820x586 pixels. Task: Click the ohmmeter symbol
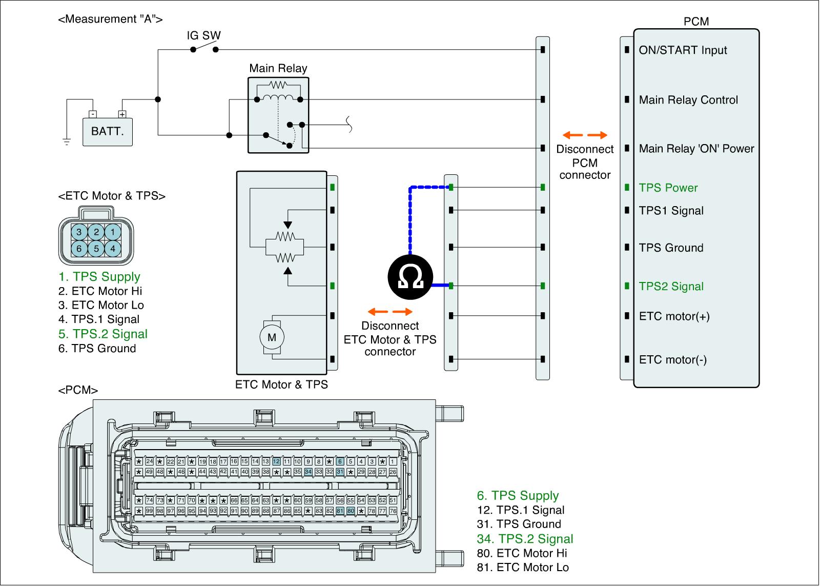[410, 277]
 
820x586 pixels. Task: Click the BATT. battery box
[108, 132]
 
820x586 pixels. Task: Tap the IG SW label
[203, 35]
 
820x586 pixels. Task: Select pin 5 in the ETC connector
[96, 249]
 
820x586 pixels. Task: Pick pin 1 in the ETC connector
[113, 232]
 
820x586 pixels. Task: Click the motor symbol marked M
[272, 337]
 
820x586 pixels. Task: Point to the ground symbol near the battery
[67, 142]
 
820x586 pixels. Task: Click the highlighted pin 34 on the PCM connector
[308, 472]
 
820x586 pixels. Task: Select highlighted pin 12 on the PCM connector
[276, 461]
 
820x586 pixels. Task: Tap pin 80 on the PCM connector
[351, 511]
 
